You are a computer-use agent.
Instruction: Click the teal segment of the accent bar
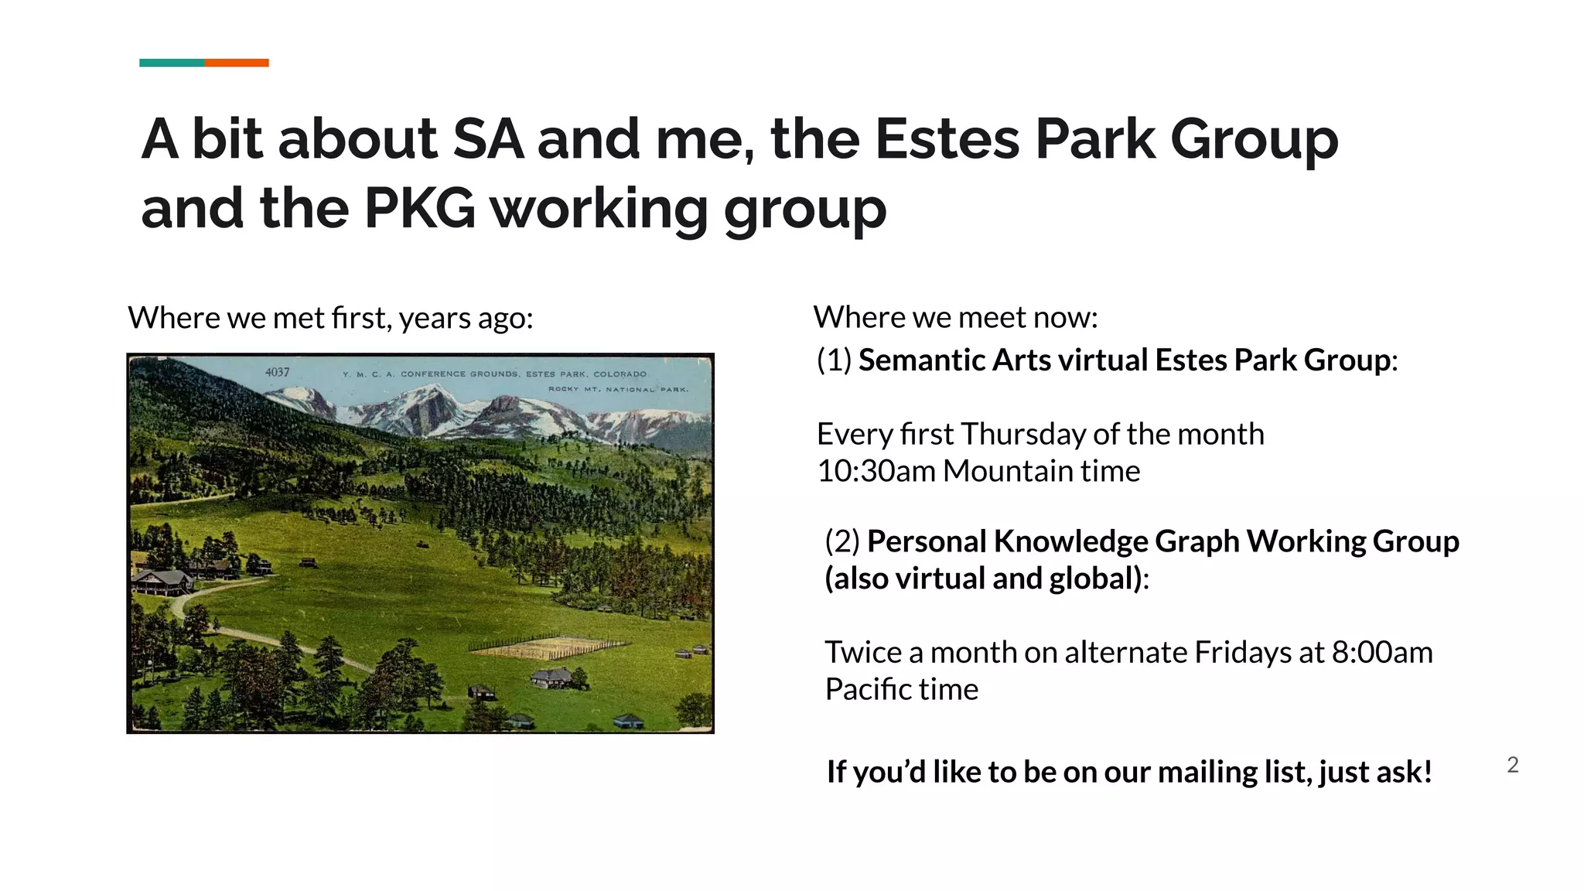172,63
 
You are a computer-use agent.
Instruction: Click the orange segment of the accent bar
237,63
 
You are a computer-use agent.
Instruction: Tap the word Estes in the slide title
947,139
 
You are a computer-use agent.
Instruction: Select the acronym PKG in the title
419,208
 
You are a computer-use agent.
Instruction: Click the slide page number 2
1513,765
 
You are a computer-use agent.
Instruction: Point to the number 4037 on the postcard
277,372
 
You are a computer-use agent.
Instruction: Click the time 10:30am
876,471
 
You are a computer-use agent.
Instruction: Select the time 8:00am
1381,653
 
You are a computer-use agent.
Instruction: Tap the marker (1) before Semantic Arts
834,360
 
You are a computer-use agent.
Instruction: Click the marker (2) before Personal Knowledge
841,541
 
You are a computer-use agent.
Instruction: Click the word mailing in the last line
1207,772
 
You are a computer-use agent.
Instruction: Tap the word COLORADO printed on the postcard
620,374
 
